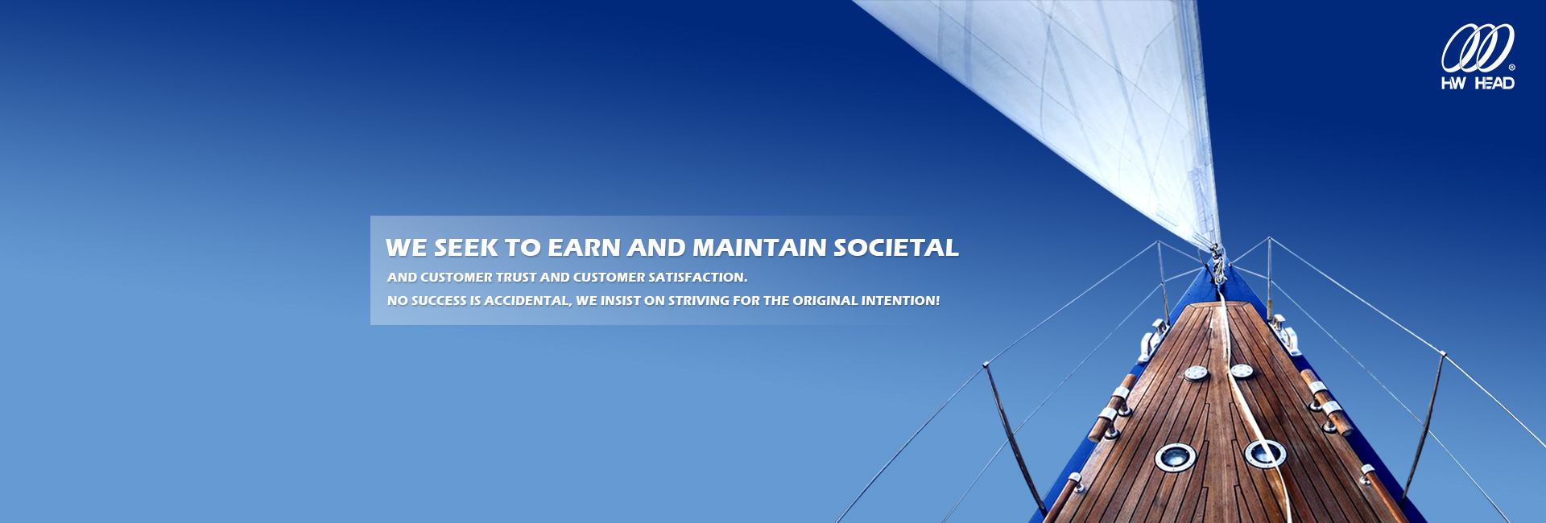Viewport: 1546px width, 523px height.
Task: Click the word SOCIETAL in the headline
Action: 896,248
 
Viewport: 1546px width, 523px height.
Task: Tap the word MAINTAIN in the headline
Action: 759,248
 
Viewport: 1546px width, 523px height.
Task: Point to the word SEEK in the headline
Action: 465,248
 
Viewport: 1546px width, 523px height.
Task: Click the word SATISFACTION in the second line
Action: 697,278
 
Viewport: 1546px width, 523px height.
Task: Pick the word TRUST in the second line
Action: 515,278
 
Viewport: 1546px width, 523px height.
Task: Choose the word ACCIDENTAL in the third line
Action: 527,301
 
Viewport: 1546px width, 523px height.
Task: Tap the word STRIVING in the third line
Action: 698,301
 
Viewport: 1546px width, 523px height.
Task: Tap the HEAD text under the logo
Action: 1494,83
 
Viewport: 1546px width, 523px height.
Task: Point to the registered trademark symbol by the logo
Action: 1511,68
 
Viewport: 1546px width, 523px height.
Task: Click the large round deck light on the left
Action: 1175,457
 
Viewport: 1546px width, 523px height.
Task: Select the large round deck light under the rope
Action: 1265,454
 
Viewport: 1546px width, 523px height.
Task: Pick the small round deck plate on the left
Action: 1196,373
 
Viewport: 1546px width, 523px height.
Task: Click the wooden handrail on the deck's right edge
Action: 1325,402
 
